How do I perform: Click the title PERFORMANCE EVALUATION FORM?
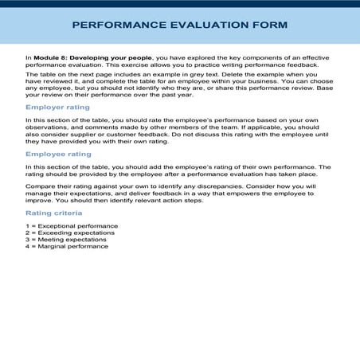[179, 25]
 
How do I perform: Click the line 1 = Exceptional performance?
[71, 226]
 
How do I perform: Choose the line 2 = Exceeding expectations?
[70, 233]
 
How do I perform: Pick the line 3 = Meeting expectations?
[68, 239]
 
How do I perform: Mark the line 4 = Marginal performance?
[67, 246]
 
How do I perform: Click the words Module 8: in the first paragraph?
[47, 58]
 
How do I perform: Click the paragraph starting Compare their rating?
[179, 194]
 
